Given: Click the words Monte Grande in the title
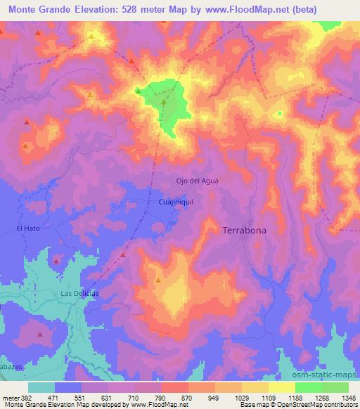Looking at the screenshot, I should [x=39, y=10].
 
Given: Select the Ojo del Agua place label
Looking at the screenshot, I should [x=197, y=181].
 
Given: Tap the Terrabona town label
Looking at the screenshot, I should [x=244, y=231].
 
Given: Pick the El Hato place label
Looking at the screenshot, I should [x=28, y=228].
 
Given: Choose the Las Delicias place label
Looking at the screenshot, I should [x=77, y=293].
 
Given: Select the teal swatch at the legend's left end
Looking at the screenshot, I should [x=41, y=387].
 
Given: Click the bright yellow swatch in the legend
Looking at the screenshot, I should [x=282, y=387].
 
